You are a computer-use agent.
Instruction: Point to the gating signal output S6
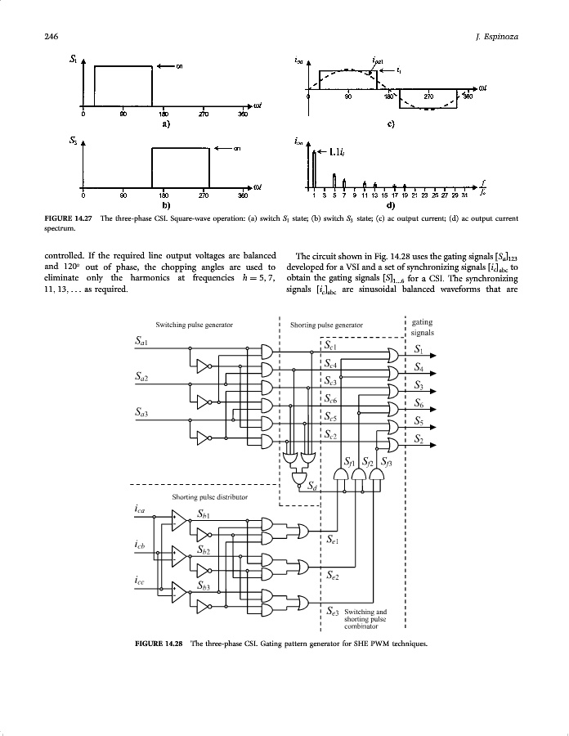(419, 403)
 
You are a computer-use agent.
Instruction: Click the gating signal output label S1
(419, 350)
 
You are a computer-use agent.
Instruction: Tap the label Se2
(333, 576)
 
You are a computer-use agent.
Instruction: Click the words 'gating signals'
(422, 327)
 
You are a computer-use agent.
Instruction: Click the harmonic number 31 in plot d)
(464, 195)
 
